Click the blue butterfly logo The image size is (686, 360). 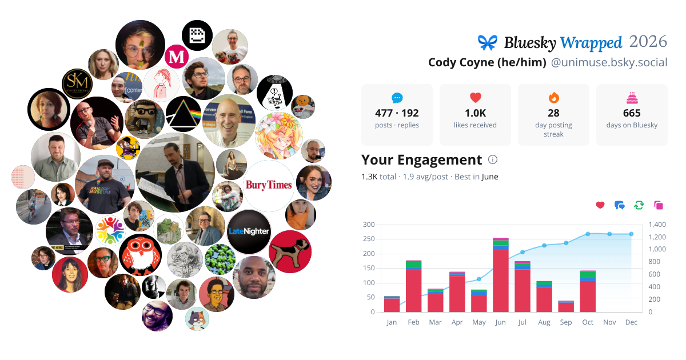click(x=487, y=42)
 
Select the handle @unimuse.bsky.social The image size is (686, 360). click(x=609, y=62)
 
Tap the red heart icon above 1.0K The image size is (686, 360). click(x=475, y=98)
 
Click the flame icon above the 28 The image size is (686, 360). click(x=554, y=98)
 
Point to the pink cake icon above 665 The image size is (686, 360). click(x=632, y=98)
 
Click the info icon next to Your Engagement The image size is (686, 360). click(x=492, y=159)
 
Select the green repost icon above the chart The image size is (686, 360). click(x=639, y=205)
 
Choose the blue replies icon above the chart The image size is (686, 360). click(x=620, y=205)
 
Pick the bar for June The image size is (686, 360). click(x=501, y=275)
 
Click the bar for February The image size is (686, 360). click(x=414, y=286)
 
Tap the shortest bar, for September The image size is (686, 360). click(x=566, y=306)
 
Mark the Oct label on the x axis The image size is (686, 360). click(x=588, y=322)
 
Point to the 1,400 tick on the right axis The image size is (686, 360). click(x=657, y=225)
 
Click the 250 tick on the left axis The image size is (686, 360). click(x=369, y=239)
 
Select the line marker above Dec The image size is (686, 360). click(x=631, y=234)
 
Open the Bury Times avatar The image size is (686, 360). click(x=269, y=185)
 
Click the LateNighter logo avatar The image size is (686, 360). click(x=249, y=231)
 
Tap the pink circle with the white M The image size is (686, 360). click(x=177, y=57)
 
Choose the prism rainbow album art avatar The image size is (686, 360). click(x=184, y=114)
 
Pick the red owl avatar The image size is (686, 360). click(x=140, y=255)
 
